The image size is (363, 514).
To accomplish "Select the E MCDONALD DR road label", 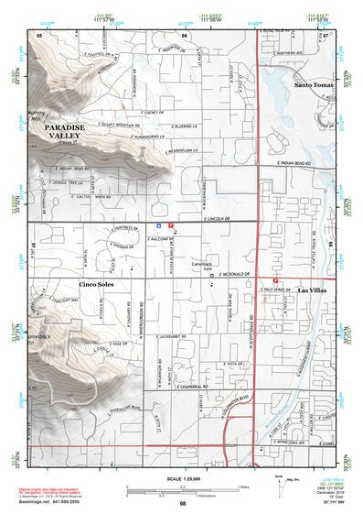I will tap(232, 273).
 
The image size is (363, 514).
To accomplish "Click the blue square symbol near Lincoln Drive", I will tap(160, 224).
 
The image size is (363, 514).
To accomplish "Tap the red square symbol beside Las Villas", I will tap(276, 280).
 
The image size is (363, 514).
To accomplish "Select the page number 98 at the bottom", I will tap(183, 504).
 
